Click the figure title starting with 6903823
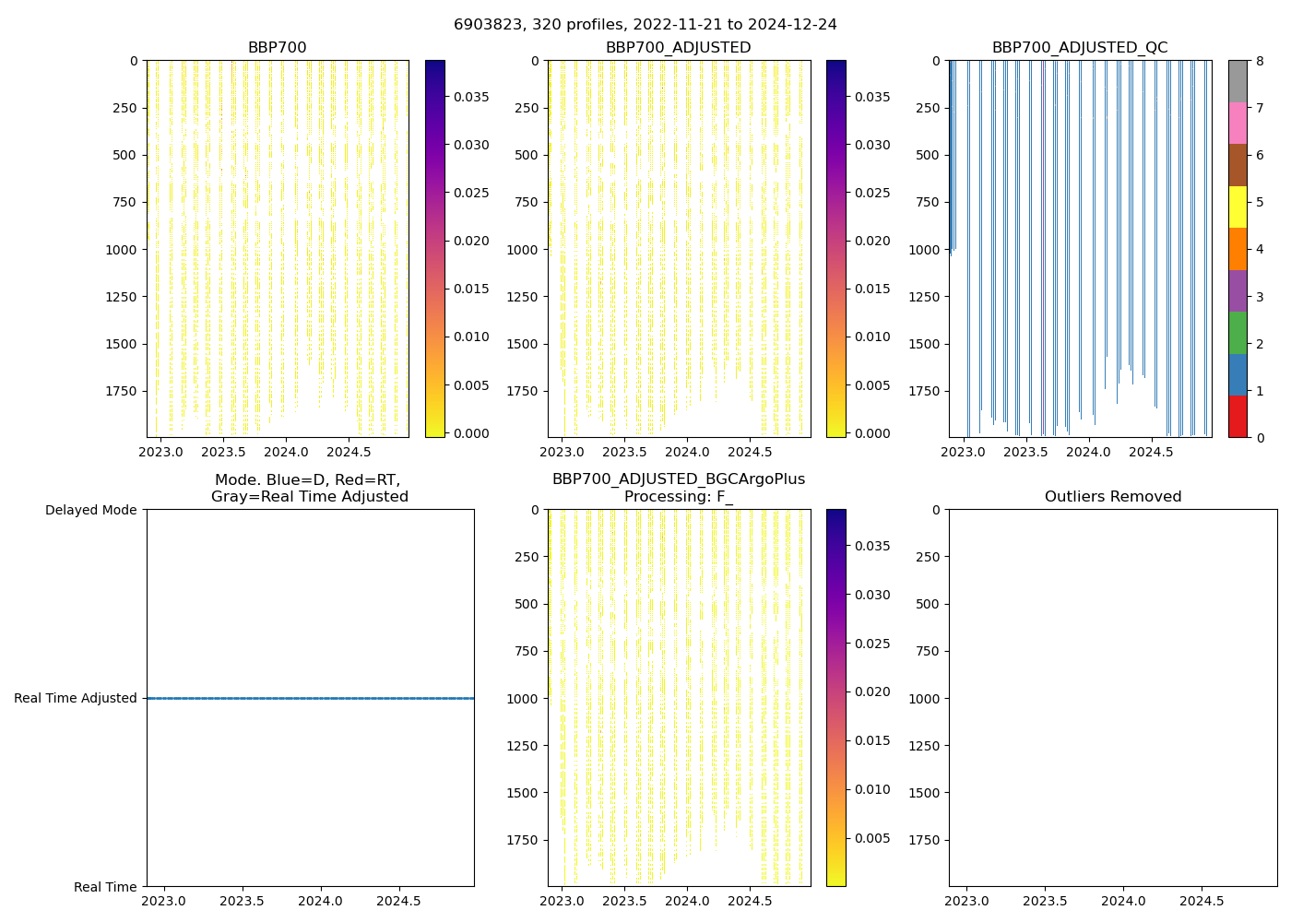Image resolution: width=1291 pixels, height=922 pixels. [645, 25]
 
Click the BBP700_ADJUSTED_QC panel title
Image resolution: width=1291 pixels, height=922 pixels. [1080, 48]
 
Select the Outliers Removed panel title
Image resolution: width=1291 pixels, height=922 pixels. [1113, 497]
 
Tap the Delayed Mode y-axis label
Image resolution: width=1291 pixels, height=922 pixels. [90, 510]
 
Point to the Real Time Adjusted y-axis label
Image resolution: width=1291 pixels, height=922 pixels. [76, 698]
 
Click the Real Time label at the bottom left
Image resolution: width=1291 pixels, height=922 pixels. [105, 887]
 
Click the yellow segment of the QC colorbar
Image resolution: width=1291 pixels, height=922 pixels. [1238, 207]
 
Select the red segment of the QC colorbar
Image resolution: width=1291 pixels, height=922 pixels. [1238, 416]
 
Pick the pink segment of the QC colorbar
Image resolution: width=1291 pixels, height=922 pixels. [1238, 123]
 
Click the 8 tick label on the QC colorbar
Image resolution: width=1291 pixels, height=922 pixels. [1260, 61]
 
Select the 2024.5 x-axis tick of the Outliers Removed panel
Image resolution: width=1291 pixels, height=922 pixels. [1202, 901]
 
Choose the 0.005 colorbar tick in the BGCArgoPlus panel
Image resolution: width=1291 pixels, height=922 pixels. [871, 838]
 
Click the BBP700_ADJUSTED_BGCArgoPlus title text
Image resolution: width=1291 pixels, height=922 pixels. [678, 479]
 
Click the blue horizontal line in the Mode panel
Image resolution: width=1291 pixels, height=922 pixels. [310, 698]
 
